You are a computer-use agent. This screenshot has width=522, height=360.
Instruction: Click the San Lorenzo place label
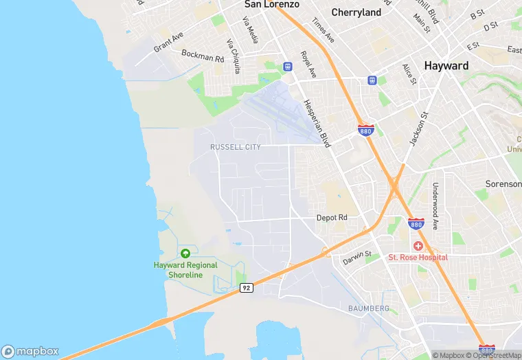click(272, 4)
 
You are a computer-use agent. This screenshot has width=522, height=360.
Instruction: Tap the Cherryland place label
click(356, 12)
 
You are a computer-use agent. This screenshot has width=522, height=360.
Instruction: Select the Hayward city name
click(446, 66)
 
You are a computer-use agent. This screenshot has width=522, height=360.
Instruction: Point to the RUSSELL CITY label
click(236, 147)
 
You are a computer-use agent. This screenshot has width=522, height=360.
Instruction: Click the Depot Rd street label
click(332, 218)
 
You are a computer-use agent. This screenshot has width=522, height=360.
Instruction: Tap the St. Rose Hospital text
click(418, 258)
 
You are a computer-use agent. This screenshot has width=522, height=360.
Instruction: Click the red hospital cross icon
click(418, 245)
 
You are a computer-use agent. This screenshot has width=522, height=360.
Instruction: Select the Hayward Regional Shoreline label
click(185, 270)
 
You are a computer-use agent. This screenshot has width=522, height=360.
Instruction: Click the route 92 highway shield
click(247, 288)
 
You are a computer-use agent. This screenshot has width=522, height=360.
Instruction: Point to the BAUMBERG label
click(369, 308)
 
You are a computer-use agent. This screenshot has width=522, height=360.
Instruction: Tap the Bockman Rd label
click(203, 56)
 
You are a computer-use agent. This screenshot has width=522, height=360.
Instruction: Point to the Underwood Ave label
click(435, 205)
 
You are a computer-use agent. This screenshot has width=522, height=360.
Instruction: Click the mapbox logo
click(30, 350)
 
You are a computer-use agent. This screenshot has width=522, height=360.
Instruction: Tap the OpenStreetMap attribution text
click(494, 355)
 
